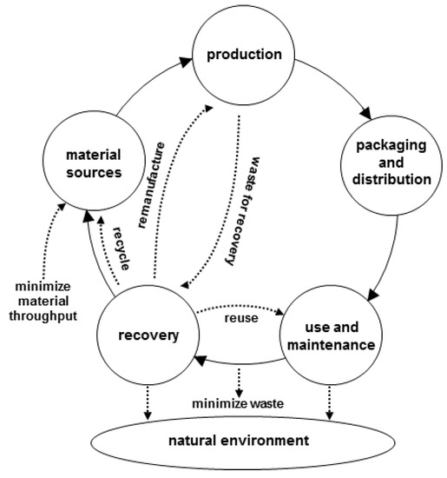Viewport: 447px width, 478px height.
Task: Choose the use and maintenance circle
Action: tap(329, 334)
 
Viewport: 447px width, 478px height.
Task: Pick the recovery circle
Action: tap(144, 334)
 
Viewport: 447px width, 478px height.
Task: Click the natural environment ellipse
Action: tap(237, 441)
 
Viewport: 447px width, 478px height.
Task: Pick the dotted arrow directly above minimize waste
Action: tap(239, 379)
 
